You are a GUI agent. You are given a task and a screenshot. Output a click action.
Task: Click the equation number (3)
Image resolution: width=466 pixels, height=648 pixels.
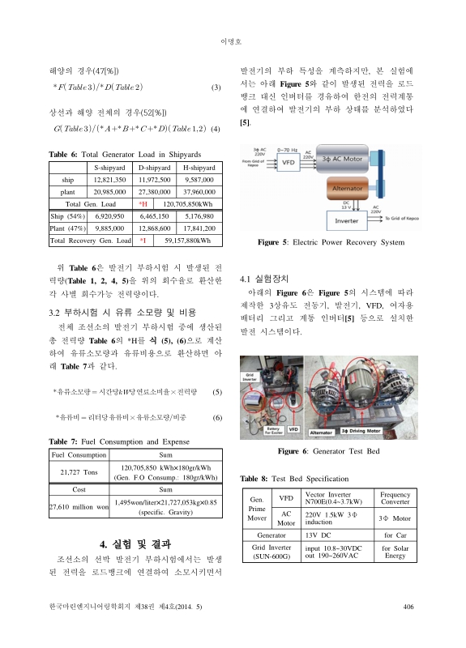coord(215,87)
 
